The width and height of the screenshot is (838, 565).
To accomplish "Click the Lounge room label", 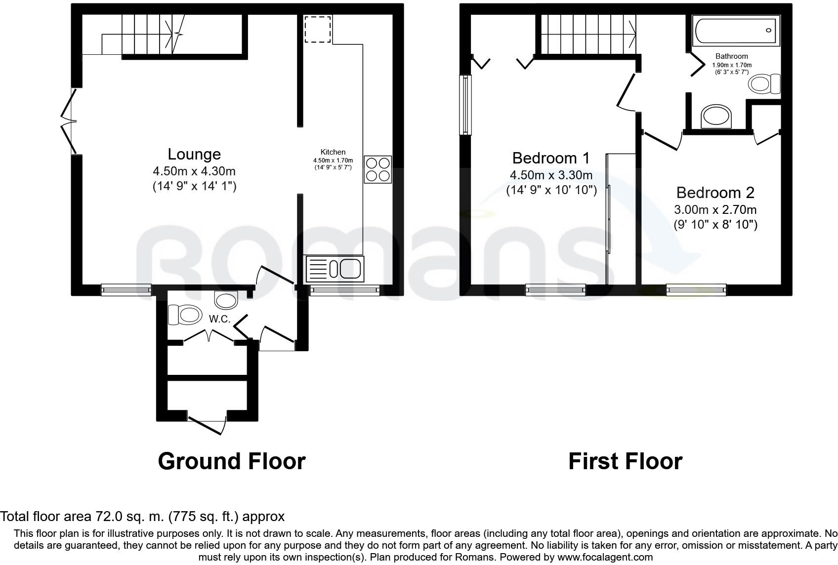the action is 194,154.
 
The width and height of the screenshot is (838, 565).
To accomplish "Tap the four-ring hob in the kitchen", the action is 378,169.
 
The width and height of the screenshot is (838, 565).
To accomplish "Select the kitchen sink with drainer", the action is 335,269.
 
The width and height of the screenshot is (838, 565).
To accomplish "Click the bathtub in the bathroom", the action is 736,31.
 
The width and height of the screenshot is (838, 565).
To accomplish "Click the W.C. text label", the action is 219,319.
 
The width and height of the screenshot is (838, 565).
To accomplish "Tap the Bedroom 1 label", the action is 551,158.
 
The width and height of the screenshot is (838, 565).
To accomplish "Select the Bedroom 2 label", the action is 715,193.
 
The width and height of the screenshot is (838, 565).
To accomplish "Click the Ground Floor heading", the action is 232,461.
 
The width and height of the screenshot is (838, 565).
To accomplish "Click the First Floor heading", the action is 626,461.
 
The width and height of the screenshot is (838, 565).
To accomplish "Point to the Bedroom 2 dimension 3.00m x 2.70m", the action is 715,209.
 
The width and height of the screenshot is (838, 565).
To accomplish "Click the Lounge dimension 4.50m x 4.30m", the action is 194,171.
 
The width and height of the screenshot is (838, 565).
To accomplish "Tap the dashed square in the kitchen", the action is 318,29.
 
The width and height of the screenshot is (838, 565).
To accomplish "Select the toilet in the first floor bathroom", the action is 764,84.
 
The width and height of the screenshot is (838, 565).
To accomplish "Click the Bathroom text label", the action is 731,56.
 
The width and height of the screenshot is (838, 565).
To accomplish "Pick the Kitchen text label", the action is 333,152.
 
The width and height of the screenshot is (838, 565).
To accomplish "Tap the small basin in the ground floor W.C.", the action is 226,300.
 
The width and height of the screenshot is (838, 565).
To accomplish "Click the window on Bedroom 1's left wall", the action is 465,105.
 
